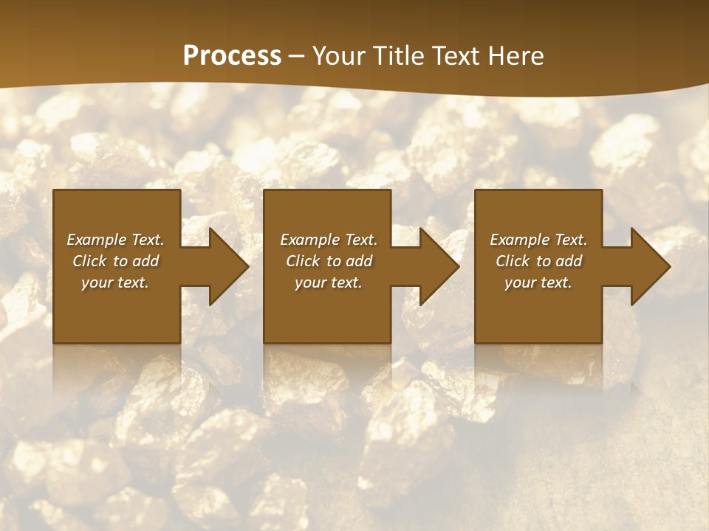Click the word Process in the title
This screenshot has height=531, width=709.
232,56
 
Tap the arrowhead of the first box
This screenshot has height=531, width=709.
225,266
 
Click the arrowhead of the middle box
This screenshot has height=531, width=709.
436,266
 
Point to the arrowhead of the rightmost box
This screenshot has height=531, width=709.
647,266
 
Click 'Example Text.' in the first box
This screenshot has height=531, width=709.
115,240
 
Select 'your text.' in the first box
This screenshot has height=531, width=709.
115,282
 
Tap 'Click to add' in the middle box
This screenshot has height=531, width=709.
329,261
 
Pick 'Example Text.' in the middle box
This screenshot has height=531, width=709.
329,240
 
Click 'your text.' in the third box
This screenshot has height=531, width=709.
538,282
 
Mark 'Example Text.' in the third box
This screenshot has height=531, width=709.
538,240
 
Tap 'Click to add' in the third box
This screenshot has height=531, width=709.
538,261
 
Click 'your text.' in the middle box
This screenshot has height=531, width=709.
329,282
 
